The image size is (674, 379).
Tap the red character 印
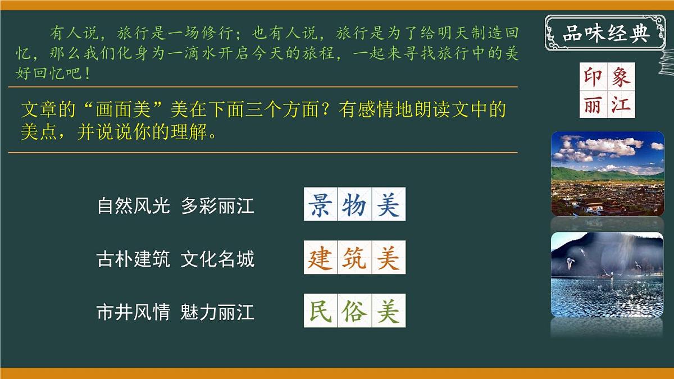593,77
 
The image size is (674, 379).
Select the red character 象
621,77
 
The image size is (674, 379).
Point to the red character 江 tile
621,104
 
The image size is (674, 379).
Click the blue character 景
320,204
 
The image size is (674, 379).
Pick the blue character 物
354,204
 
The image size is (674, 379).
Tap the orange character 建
320,258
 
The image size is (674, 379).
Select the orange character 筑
354,258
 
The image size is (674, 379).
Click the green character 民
320,310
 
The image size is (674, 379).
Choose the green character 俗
354,310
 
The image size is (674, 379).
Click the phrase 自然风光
133,206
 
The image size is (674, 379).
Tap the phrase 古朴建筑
133,259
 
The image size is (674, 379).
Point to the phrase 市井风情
133,312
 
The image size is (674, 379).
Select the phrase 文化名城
217,259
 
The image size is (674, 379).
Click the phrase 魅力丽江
217,312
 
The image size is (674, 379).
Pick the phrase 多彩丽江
217,206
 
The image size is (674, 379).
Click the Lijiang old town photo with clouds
607,173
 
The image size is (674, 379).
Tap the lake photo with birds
607,275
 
